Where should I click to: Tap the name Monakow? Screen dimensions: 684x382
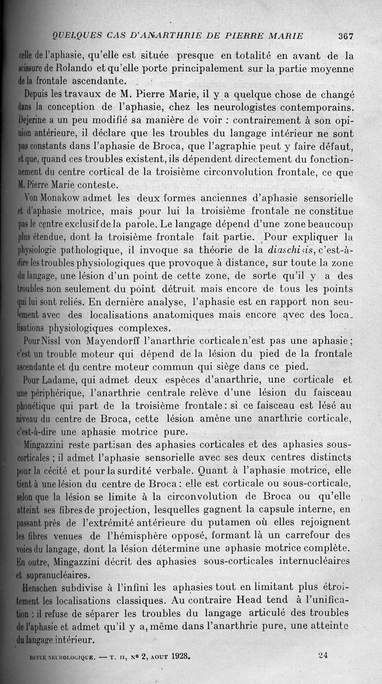56,198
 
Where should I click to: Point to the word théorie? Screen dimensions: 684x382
203,249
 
